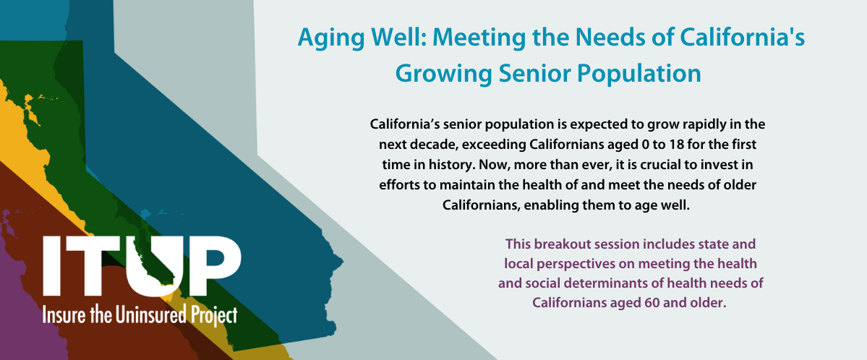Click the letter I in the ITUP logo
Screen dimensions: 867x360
pyautogui.click(x=53, y=266)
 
